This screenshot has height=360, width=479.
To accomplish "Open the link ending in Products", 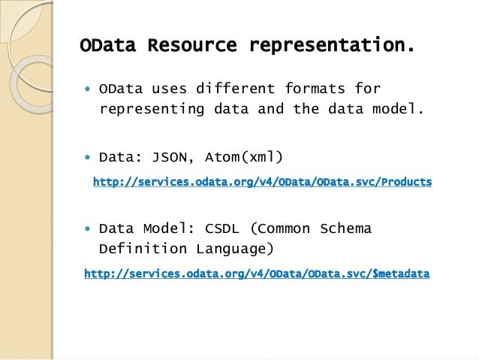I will (x=262, y=182).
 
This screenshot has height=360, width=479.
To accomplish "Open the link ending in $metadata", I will (x=257, y=274).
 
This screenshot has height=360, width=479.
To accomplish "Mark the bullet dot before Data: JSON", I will (x=88, y=158).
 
